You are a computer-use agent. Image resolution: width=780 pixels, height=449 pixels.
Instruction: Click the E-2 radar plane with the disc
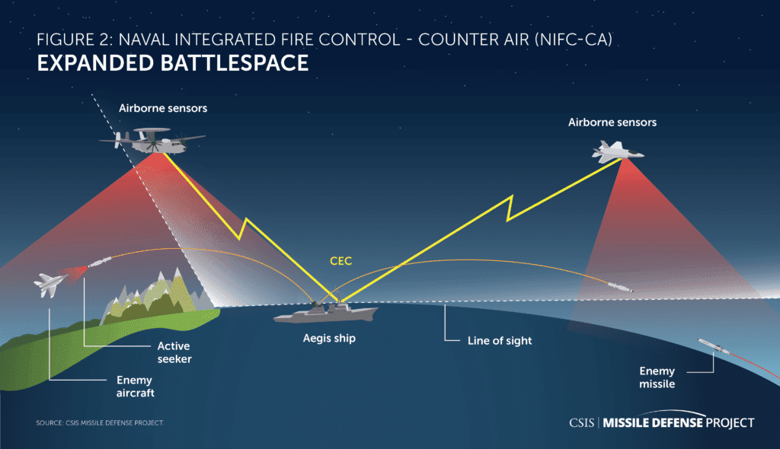pos(152,141)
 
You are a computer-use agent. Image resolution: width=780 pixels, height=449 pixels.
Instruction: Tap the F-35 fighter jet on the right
pos(617,151)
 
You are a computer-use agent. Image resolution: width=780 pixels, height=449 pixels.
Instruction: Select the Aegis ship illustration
pos(326,312)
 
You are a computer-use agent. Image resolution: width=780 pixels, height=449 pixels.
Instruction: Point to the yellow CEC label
pos(340,261)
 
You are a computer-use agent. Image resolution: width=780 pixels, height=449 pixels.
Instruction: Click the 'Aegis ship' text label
pos(329,338)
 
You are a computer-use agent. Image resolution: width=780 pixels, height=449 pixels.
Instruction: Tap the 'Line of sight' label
pos(500,341)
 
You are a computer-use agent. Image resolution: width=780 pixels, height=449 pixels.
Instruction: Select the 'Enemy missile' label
pos(657,377)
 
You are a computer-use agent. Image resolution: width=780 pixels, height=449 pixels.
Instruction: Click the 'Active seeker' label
pos(174,352)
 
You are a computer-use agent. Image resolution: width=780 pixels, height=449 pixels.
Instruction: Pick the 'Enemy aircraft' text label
pos(136,387)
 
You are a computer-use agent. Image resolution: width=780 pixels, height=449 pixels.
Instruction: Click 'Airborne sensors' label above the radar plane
pos(163,108)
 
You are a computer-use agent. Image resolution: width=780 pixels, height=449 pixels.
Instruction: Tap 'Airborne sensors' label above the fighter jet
pos(612,123)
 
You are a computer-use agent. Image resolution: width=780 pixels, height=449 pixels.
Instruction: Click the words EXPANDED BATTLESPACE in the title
pos(173,63)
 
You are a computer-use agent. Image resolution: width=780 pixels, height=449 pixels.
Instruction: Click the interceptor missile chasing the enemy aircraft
pos(100,262)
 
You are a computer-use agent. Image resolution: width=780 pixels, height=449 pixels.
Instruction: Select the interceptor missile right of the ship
pos(620,287)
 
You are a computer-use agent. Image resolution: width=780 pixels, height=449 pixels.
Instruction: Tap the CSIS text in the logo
pos(581,422)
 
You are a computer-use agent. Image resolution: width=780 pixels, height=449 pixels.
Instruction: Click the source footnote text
pos(100,422)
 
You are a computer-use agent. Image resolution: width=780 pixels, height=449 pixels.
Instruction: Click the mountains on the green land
pos(157,296)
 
